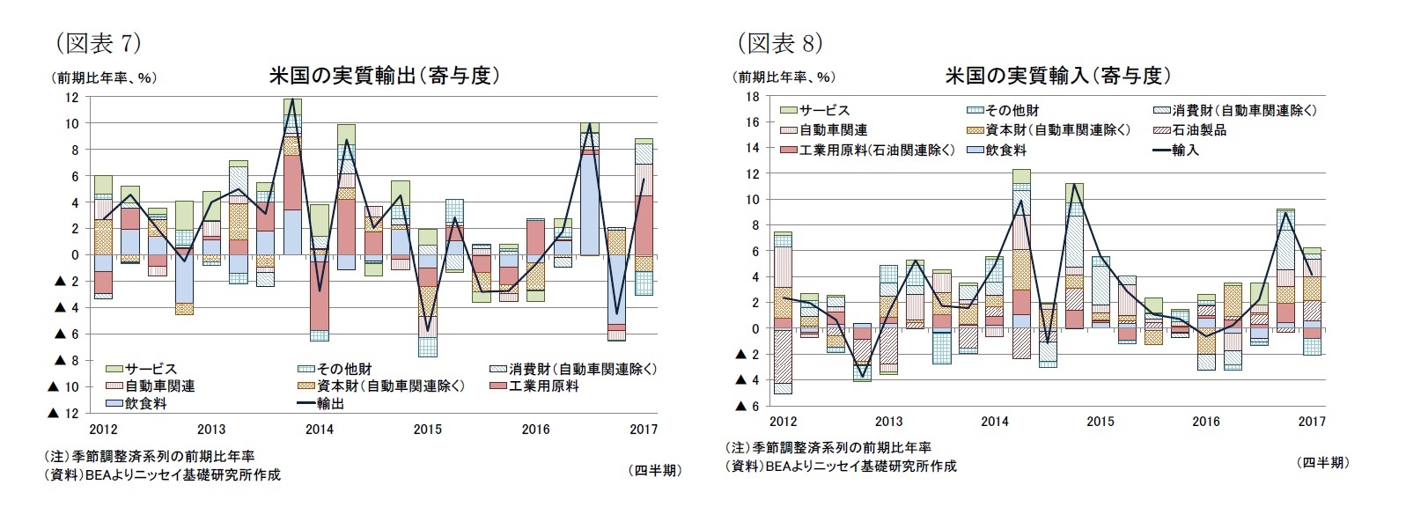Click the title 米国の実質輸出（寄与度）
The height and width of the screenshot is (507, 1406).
pos(385,76)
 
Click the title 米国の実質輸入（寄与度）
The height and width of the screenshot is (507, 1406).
pos(1057,76)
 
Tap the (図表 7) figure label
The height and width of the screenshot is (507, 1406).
pos(98,42)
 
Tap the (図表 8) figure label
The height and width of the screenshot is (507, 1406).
pos(779,42)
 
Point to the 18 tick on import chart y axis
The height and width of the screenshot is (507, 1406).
pos(752,96)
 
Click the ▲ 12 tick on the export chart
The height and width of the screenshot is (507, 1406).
pos(66,413)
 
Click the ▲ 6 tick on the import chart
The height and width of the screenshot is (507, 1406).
pos(746,406)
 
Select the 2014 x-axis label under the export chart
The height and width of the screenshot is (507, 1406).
pos(319,430)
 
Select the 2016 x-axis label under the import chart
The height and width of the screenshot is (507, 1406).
pos(1205,422)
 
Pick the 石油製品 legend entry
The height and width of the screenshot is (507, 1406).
pos(1198,130)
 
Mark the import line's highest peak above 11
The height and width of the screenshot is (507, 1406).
pos(1074,184)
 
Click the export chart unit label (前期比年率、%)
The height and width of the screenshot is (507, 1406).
pos(104,77)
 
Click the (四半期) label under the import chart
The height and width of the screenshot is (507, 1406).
pos(1322,462)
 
